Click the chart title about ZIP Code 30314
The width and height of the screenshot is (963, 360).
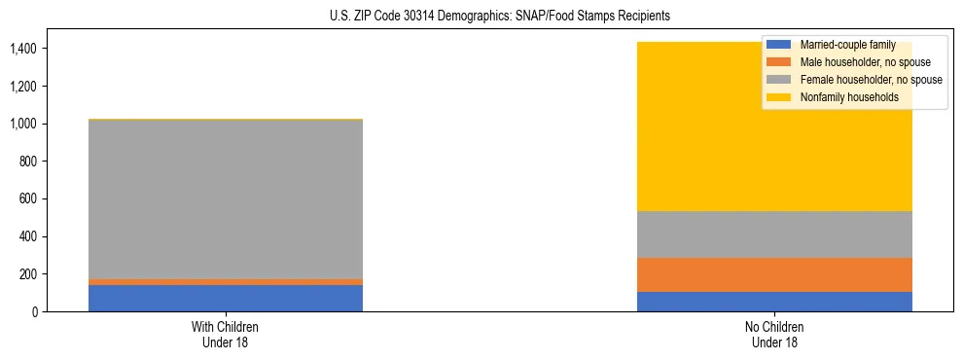point(481,17)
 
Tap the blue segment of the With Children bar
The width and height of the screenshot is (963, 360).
point(226,298)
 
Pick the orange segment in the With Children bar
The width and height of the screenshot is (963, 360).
point(226,282)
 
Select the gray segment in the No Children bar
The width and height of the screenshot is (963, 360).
point(774,234)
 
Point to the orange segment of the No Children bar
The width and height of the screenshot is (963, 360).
point(774,274)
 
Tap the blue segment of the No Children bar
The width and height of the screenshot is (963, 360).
point(774,302)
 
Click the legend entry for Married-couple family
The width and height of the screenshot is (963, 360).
point(845,45)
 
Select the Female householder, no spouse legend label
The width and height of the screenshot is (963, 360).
point(870,80)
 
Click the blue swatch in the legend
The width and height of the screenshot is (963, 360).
point(779,45)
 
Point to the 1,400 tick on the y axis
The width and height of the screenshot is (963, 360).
point(24,49)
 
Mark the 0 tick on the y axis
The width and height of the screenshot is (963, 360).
point(35,312)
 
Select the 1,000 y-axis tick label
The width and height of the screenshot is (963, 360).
point(24,124)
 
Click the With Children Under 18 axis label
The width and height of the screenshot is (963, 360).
point(226,334)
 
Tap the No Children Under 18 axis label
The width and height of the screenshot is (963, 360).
point(774,334)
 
